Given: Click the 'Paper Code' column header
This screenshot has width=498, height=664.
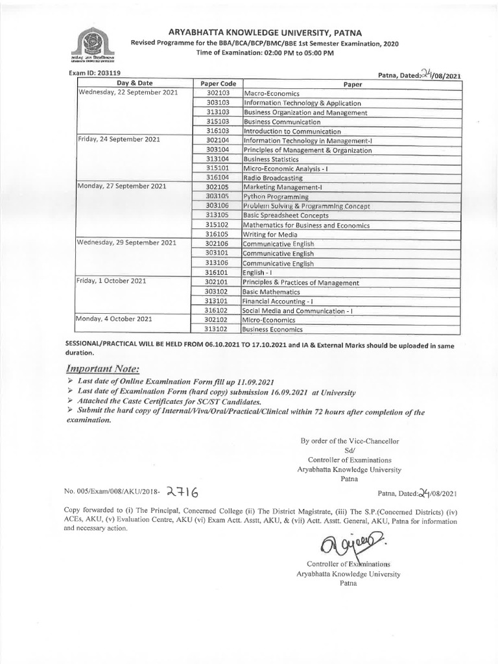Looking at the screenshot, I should [x=218, y=84].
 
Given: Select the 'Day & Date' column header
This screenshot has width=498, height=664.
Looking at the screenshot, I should [x=135, y=84].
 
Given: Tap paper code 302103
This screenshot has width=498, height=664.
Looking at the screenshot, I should [x=218, y=93].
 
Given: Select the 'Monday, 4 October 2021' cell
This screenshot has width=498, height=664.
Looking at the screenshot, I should [x=115, y=320].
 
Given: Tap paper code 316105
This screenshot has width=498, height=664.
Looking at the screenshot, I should [x=218, y=235].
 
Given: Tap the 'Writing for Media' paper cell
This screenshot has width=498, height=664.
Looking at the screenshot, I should [x=270, y=235].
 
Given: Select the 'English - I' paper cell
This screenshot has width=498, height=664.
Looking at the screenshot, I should [x=259, y=273].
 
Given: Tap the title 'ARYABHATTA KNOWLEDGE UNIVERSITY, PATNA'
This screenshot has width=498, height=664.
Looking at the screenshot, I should [x=265, y=32].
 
